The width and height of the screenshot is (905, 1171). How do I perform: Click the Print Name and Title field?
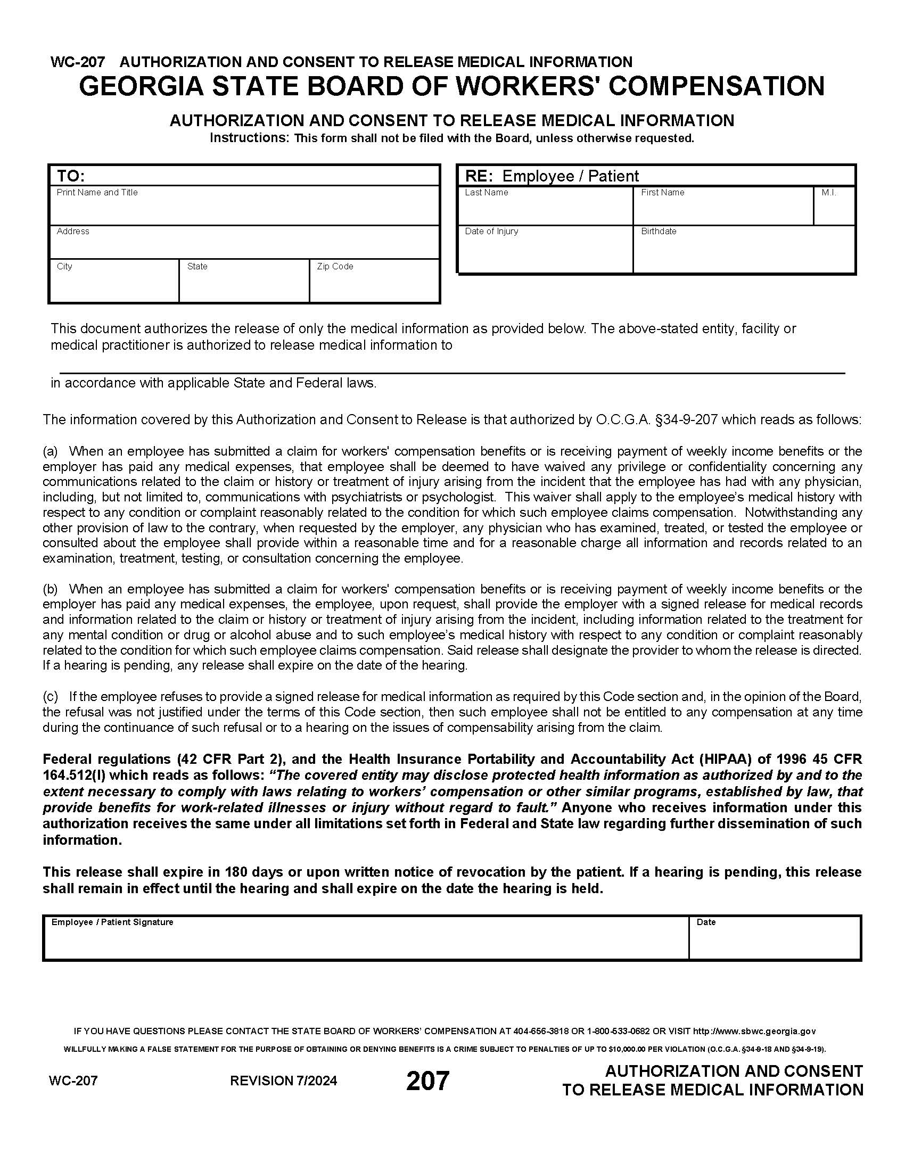244,209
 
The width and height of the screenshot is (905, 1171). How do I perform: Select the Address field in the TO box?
244,245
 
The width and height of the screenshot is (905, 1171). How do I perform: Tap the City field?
114,285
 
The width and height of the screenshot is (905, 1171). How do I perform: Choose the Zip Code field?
374,285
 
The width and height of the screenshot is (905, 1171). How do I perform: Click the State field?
244,285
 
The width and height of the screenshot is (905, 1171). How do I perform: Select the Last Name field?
545,209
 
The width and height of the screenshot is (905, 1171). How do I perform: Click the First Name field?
723,209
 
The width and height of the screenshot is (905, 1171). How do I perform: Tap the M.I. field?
834,209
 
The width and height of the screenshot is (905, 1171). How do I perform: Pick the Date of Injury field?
545,252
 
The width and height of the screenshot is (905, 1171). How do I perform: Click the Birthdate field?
743,252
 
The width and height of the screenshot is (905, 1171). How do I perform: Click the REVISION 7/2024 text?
284,1081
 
